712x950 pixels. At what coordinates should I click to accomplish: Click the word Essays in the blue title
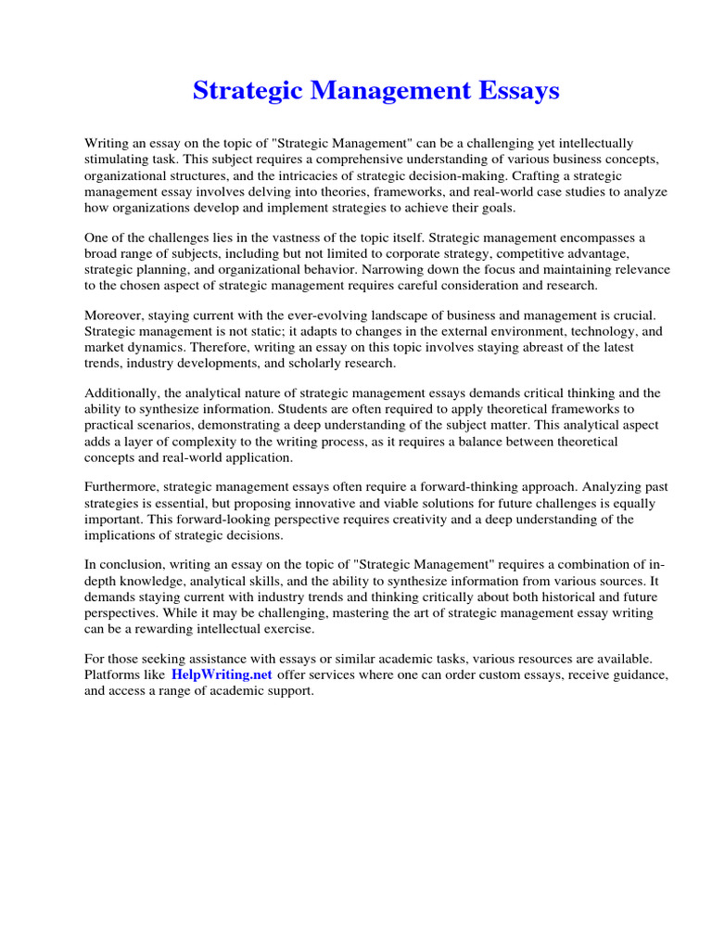pyautogui.click(x=513, y=91)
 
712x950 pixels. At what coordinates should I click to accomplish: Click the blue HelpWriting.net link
pyautogui.click(x=222, y=675)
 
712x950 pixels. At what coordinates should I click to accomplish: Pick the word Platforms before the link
pyautogui.click(x=112, y=675)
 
